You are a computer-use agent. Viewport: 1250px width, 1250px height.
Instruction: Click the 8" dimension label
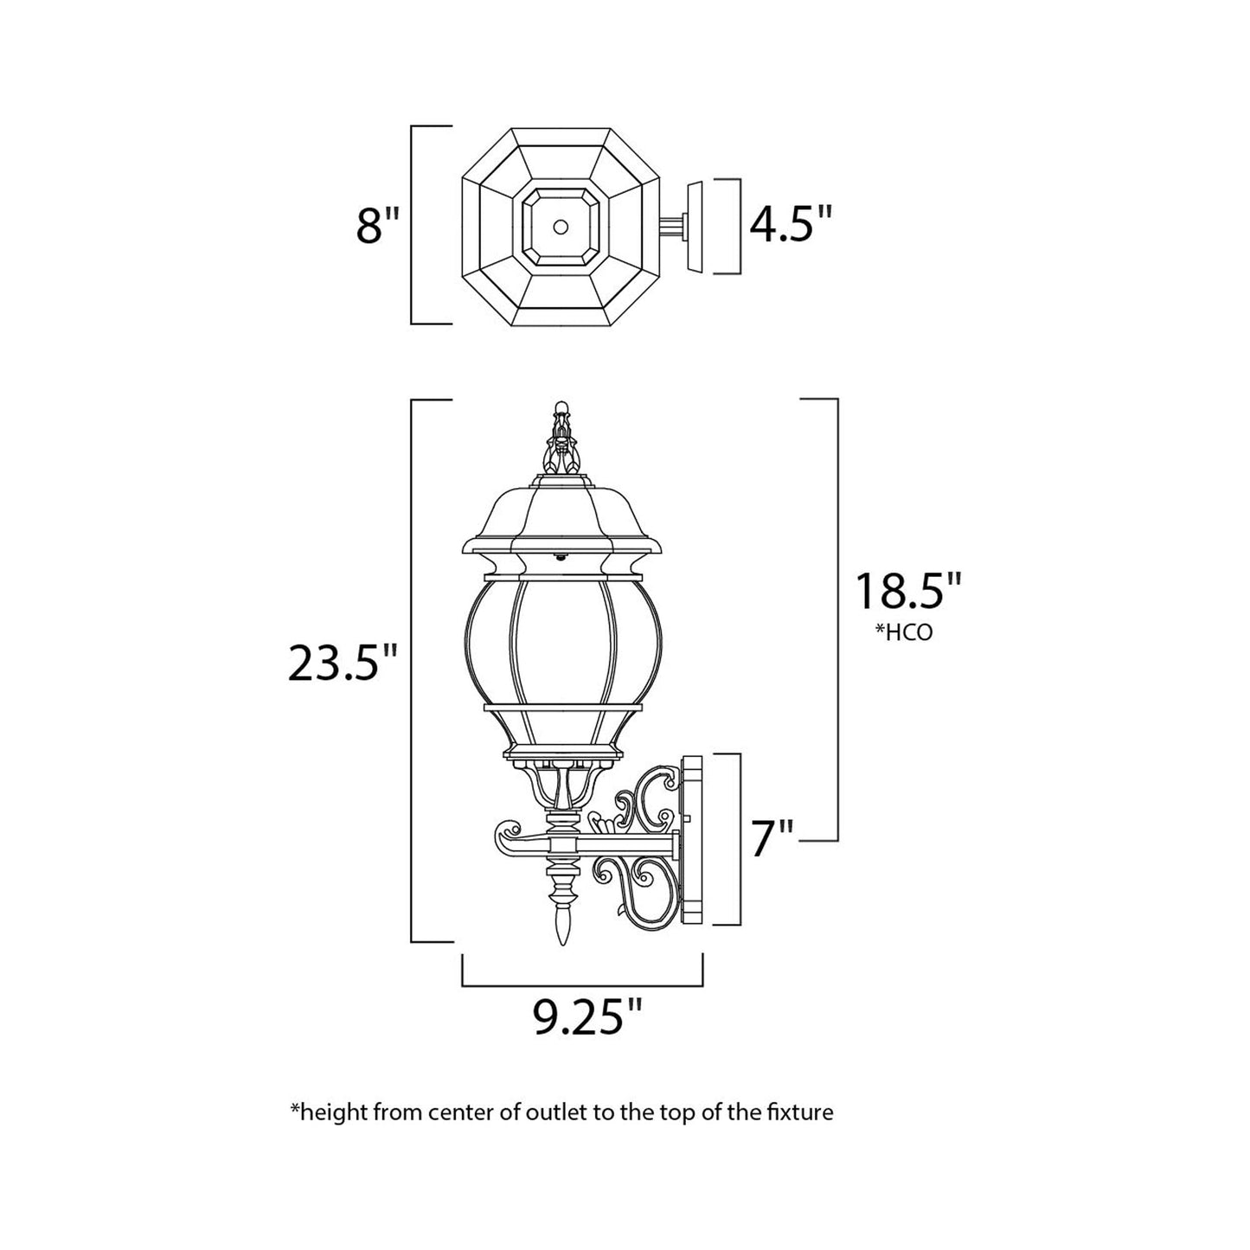point(379,227)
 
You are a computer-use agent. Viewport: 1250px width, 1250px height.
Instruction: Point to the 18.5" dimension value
point(907,593)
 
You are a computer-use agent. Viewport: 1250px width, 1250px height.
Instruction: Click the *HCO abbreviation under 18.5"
point(906,632)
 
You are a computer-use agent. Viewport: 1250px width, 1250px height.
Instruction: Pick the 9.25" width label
point(588,1018)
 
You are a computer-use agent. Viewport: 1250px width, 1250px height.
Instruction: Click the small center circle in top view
point(561,227)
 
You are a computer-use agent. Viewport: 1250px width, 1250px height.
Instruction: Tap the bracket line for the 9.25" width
point(582,985)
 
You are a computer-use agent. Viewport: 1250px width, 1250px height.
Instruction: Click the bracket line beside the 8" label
point(413,225)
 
